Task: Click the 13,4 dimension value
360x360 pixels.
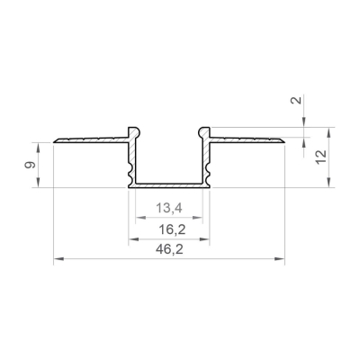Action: pos(169,208)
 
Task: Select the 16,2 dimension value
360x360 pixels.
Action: pos(172,230)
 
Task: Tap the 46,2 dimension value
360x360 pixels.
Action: pos(169,249)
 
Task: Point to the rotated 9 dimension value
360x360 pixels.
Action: pos(30,165)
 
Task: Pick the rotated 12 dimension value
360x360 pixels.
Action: pos(320,157)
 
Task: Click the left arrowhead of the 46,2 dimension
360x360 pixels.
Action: pos(58,258)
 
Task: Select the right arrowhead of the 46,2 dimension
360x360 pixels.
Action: pos(279,258)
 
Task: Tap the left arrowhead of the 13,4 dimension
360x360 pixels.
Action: pos(140,217)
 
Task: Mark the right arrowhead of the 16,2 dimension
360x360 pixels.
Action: pos(204,239)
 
